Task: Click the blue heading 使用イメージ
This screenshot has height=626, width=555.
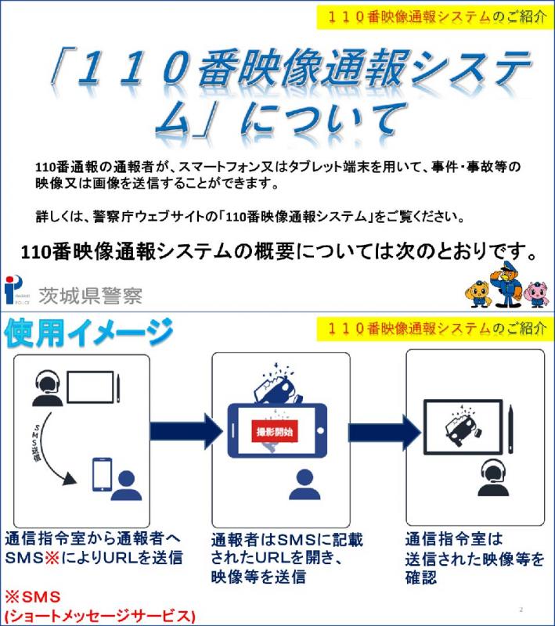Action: (x=88, y=335)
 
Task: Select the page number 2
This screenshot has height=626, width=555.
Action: (x=520, y=609)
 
